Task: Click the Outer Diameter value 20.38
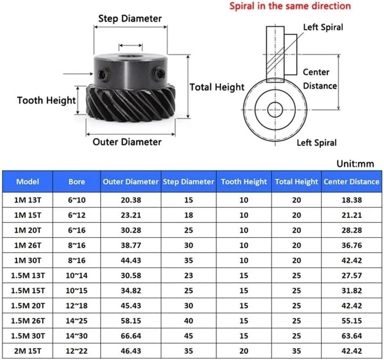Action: coord(131,200)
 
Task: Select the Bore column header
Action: coord(77,182)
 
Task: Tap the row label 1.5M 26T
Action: coord(28,321)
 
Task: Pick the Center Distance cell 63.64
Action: coord(352,336)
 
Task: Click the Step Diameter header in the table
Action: coord(189,182)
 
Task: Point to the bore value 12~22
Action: coord(77,351)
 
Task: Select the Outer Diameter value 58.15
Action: coord(131,321)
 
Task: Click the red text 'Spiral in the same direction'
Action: coord(290,6)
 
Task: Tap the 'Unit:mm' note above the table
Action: coord(355,163)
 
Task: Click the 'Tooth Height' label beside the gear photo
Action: coord(46,100)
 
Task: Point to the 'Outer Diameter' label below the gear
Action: coord(127,142)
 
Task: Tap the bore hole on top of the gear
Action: coord(131,57)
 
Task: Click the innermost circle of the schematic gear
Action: coord(275,110)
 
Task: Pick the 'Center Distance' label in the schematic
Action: coord(320,79)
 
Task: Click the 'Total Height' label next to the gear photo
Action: coord(217,87)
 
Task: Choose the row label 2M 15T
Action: coord(28,351)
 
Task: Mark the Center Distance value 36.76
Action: coord(352,245)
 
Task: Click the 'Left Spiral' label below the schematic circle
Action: coord(317,143)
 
